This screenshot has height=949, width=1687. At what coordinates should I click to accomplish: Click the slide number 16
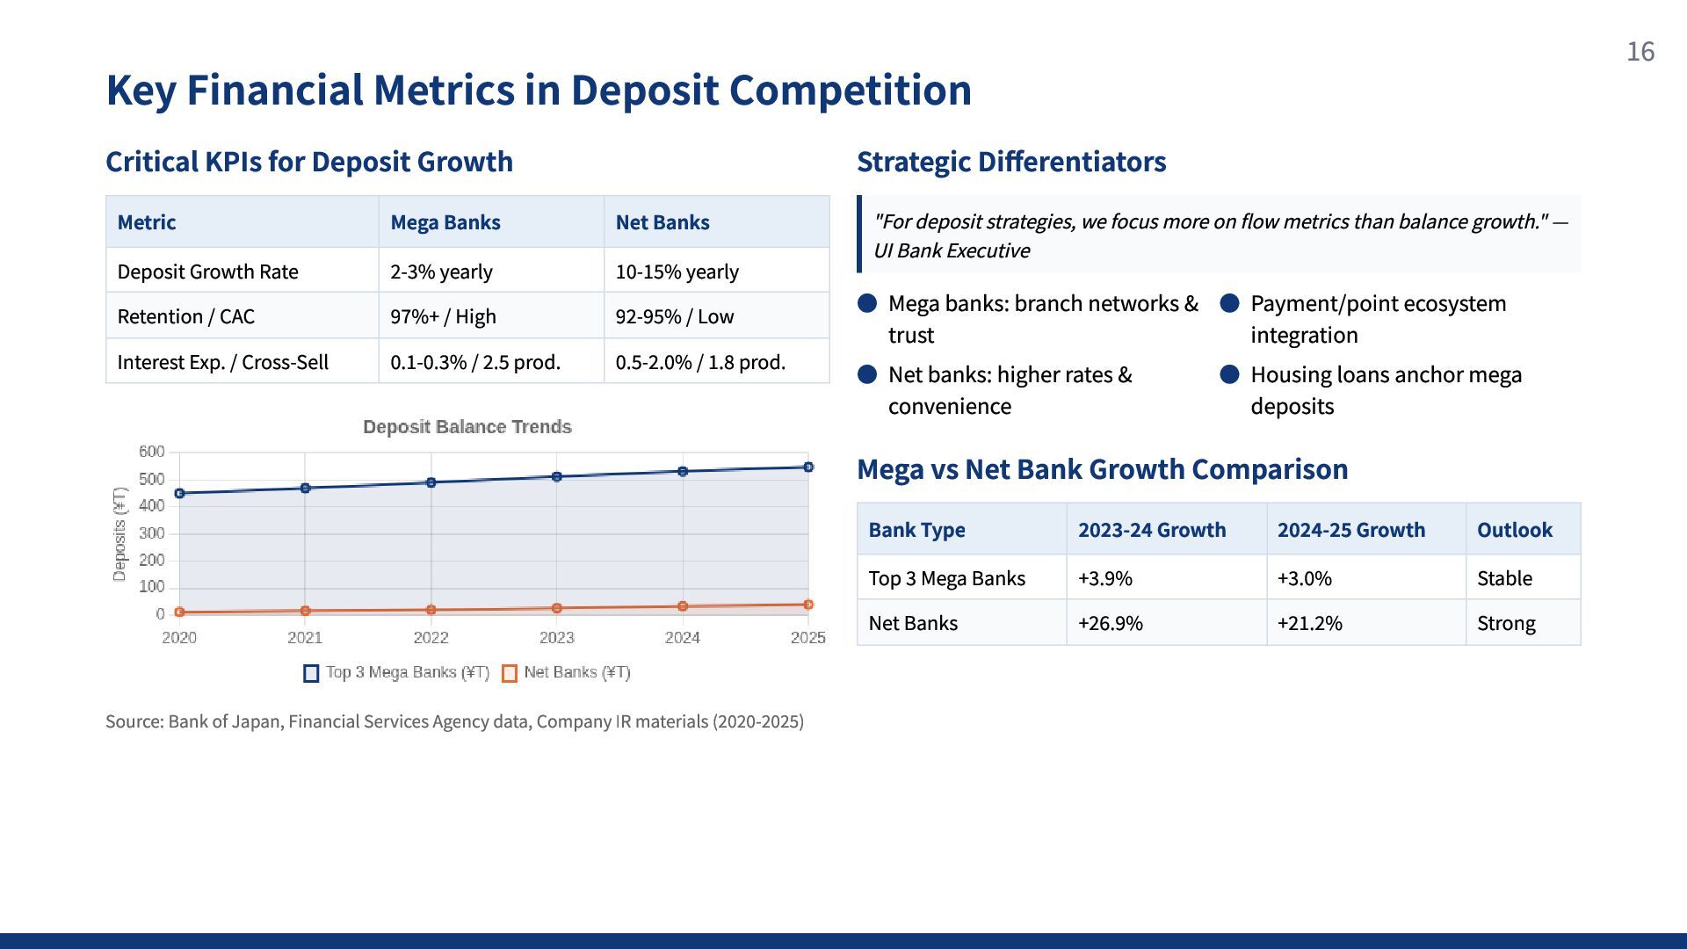click(1640, 52)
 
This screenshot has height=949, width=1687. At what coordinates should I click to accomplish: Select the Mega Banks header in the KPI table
click(445, 222)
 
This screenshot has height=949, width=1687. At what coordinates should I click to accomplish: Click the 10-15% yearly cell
click(677, 272)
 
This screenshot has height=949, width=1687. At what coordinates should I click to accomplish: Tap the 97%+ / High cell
click(443, 316)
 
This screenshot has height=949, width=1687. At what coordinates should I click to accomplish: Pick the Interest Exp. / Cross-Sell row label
click(222, 362)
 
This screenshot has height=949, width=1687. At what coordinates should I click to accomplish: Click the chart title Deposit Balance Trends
click(467, 427)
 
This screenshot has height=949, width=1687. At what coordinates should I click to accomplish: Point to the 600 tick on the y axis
click(151, 452)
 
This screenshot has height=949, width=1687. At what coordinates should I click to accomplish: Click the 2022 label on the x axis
click(431, 638)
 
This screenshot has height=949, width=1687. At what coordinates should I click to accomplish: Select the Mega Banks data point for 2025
click(808, 467)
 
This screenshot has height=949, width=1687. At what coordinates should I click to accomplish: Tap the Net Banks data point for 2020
click(179, 612)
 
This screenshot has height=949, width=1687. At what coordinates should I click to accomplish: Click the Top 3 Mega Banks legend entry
click(396, 673)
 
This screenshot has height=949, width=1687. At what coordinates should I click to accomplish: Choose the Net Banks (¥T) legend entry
click(567, 673)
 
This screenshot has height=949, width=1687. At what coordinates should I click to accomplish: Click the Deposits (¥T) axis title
click(119, 533)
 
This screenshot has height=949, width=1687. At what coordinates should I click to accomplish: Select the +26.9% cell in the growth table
click(1110, 623)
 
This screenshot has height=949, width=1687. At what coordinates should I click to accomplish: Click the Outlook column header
click(1514, 530)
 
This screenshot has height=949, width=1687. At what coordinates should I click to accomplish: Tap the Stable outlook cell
click(1504, 578)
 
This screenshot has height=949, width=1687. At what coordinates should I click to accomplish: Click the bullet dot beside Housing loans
click(1229, 375)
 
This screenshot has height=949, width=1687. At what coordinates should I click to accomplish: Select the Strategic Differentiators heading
click(1011, 162)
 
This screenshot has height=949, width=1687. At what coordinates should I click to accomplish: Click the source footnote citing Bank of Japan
click(454, 721)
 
